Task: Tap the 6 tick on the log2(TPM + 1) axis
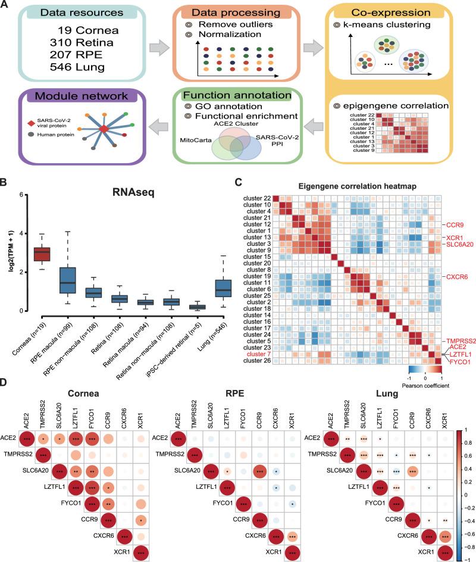(20, 195)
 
